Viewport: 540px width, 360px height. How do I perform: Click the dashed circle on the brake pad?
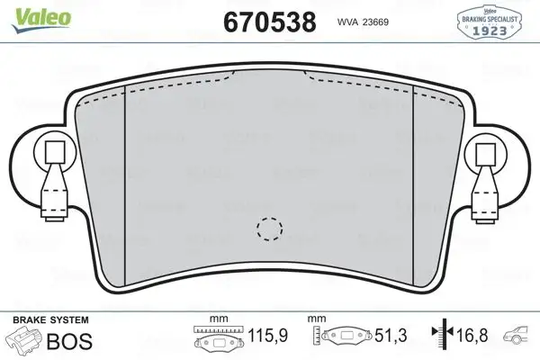pos(269,230)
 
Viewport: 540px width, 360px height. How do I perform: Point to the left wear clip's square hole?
pos(52,151)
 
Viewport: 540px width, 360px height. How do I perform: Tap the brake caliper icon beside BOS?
pos(24,341)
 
